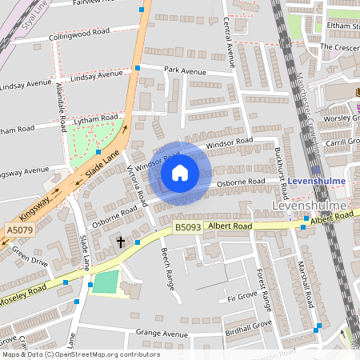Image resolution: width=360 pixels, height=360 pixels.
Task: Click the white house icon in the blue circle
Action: point(180,173)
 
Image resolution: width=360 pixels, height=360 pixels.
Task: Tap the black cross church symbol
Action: point(122,241)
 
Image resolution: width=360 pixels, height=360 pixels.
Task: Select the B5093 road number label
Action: point(188,228)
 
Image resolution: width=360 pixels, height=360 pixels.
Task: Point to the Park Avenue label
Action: point(186,71)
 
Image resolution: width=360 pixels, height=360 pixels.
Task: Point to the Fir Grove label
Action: point(242,298)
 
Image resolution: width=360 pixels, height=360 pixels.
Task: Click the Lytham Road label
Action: point(94,120)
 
